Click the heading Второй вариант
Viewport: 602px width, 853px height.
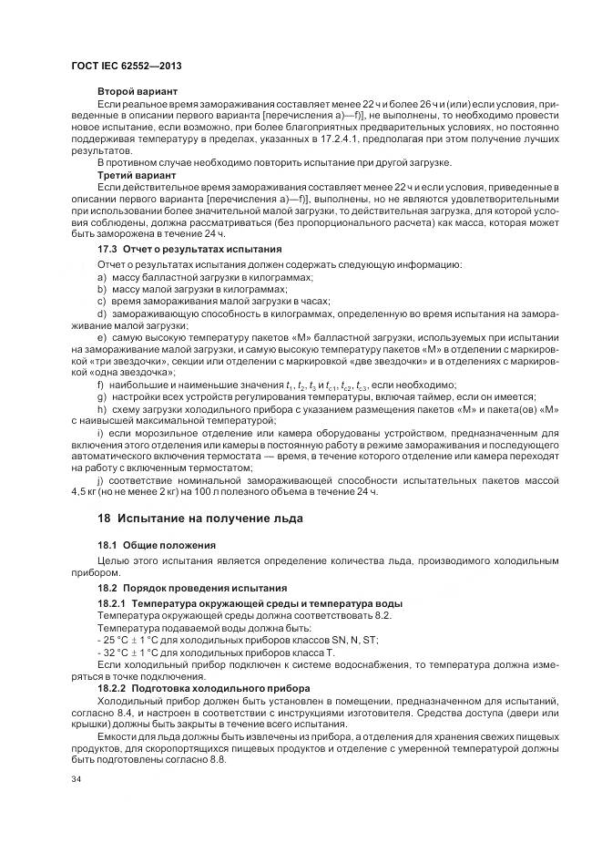pyautogui.click(x=137, y=92)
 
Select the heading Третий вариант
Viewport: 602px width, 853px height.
pyautogui.click(x=137, y=173)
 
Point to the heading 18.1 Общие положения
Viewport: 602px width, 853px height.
pyautogui.click(x=156, y=544)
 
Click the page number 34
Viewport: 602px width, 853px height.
pyautogui.click(x=76, y=780)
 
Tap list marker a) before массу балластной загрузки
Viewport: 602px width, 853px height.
pyautogui.click(x=102, y=276)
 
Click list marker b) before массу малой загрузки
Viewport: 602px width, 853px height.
pyautogui.click(x=102, y=288)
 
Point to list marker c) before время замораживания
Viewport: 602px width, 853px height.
pyautogui.click(x=102, y=301)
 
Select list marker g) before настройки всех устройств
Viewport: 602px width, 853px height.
pyautogui.click(x=102, y=396)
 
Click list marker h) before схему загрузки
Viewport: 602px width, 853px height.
pyautogui.click(x=102, y=408)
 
